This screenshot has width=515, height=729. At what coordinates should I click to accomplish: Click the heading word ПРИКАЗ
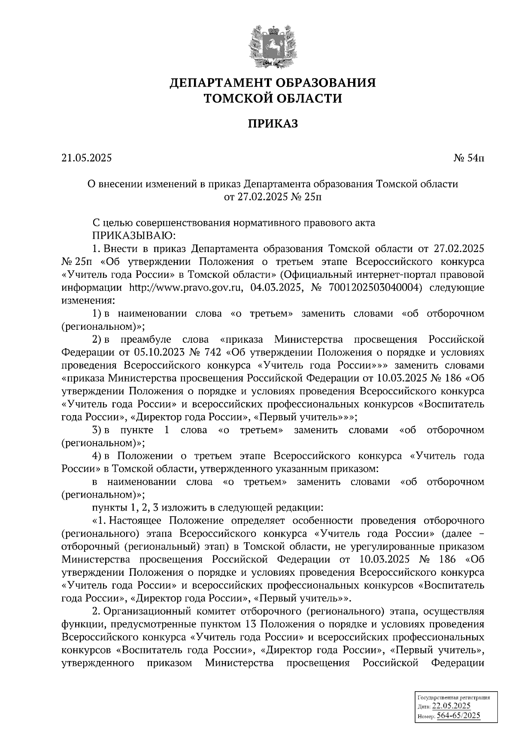[273, 124]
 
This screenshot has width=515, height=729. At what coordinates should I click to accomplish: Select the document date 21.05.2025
[86, 158]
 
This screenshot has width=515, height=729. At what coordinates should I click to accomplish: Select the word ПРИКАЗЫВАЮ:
[132, 235]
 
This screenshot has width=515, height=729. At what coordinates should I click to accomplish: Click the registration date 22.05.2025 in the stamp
[451, 706]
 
